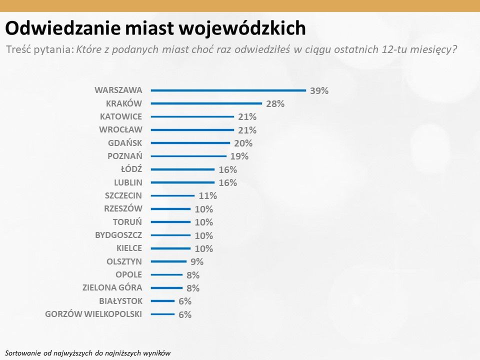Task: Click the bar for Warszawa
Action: (x=228, y=90)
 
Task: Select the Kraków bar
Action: (x=206, y=103)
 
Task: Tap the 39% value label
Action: (x=319, y=90)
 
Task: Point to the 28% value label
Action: (x=275, y=103)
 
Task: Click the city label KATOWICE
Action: (x=121, y=116)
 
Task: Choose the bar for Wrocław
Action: (x=192, y=130)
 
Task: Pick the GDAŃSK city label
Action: (x=125, y=143)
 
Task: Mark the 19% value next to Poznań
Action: (x=239, y=156)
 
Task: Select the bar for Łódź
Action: (x=182, y=169)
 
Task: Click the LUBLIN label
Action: (x=128, y=182)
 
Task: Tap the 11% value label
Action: (x=207, y=195)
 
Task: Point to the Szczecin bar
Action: (x=172, y=195)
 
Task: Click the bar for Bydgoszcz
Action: (x=170, y=235)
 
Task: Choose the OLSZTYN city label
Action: (x=124, y=261)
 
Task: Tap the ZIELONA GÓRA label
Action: (x=112, y=287)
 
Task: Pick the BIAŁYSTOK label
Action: (x=121, y=300)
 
